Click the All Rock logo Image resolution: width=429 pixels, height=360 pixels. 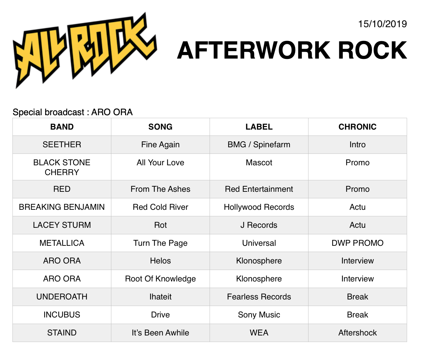point(85,50)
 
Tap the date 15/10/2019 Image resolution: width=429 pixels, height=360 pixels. point(382,24)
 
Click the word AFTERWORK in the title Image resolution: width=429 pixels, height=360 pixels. point(254,50)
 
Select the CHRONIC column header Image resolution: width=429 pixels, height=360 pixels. point(358,127)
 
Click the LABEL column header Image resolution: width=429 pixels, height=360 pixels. point(259,127)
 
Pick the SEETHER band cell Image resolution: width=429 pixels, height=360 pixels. point(62,145)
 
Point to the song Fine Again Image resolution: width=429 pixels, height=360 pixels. point(160,145)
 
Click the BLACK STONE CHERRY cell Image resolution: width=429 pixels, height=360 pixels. point(62,167)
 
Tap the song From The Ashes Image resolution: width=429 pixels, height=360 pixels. point(160,189)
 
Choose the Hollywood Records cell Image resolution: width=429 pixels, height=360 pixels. point(259,207)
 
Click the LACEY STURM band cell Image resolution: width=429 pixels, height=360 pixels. point(62,225)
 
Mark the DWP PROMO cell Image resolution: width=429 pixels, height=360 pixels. point(358,243)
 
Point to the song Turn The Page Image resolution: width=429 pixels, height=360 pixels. point(160,243)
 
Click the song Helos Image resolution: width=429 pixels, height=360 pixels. point(160,261)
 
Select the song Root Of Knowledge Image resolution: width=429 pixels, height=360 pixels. point(160,279)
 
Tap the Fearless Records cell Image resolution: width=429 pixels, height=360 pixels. point(259,297)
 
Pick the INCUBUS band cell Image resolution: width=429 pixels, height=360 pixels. point(62,315)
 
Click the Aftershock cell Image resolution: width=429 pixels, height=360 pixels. point(358,333)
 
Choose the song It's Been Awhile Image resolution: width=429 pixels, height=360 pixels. point(160,333)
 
